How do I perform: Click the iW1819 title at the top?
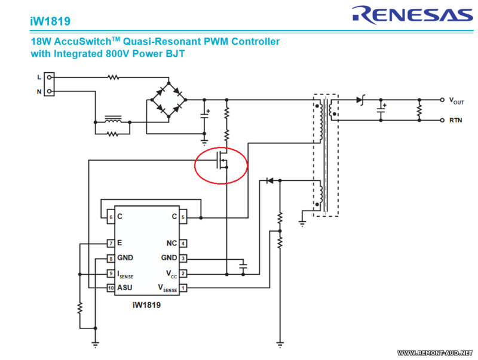point(50,21)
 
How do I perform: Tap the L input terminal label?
point(39,77)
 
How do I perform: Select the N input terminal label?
point(39,91)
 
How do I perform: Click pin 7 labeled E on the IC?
point(111,243)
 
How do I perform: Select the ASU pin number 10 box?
point(111,288)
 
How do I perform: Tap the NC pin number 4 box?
point(183,243)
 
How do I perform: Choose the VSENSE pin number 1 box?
point(183,288)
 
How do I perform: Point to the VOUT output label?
point(456,101)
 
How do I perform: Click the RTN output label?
point(456,120)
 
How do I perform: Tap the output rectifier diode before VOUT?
point(360,100)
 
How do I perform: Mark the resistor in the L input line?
point(113,77)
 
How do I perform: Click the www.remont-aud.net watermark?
point(434,353)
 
